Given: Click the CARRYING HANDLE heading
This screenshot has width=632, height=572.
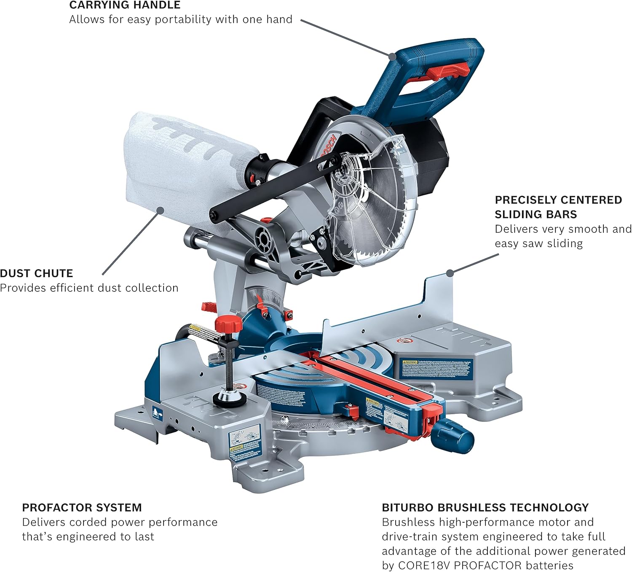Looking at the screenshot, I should pyautogui.click(x=125, y=5).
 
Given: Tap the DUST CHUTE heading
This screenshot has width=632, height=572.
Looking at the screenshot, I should pyautogui.click(x=37, y=273).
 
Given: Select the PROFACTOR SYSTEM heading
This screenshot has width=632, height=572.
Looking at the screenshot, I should pyautogui.click(x=82, y=507).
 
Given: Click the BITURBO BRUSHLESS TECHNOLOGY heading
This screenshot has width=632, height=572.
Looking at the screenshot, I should pyautogui.click(x=485, y=507).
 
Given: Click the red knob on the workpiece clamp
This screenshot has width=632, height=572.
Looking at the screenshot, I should pyautogui.click(x=228, y=325).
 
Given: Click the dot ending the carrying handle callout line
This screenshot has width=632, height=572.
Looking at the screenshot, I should pyautogui.click(x=392, y=56).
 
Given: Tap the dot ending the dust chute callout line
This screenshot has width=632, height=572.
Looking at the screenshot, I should pyautogui.click(x=160, y=209).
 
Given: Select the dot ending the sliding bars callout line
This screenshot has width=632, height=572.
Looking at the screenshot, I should pyautogui.click(x=450, y=273).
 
